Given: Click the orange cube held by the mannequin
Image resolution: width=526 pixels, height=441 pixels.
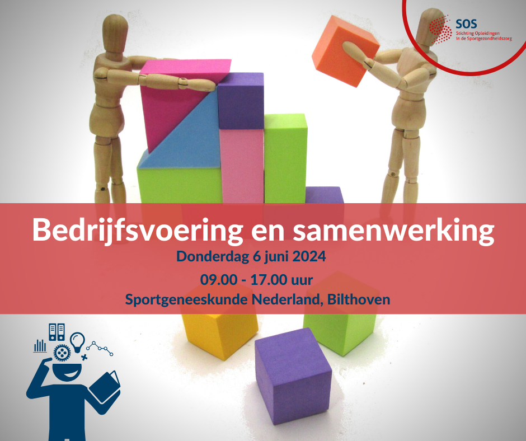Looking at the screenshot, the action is click(345, 51).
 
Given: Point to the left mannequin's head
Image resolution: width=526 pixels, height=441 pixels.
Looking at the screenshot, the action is click(115, 33).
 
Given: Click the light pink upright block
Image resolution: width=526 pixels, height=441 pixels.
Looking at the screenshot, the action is click(242, 166).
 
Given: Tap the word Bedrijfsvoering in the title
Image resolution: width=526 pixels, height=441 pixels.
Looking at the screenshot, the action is click(138, 230).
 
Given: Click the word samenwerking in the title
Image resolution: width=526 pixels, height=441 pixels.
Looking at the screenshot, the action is click(393, 230).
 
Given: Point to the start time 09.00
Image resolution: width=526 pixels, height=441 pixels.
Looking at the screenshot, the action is click(219, 280).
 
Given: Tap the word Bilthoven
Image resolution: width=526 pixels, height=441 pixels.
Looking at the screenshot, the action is click(359, 299).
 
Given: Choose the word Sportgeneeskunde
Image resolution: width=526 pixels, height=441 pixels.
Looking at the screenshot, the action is click(186, 300).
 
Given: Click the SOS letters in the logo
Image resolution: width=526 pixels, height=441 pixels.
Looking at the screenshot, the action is click(466, 24).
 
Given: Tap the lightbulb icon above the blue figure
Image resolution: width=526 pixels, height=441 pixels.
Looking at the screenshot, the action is click(77, 342).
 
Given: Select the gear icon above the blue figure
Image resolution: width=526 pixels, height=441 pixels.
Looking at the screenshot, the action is click(62, 353).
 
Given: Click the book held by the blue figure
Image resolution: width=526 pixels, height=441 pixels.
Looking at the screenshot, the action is click(105, 387).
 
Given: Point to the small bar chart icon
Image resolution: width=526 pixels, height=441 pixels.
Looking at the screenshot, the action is click(40, 346).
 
